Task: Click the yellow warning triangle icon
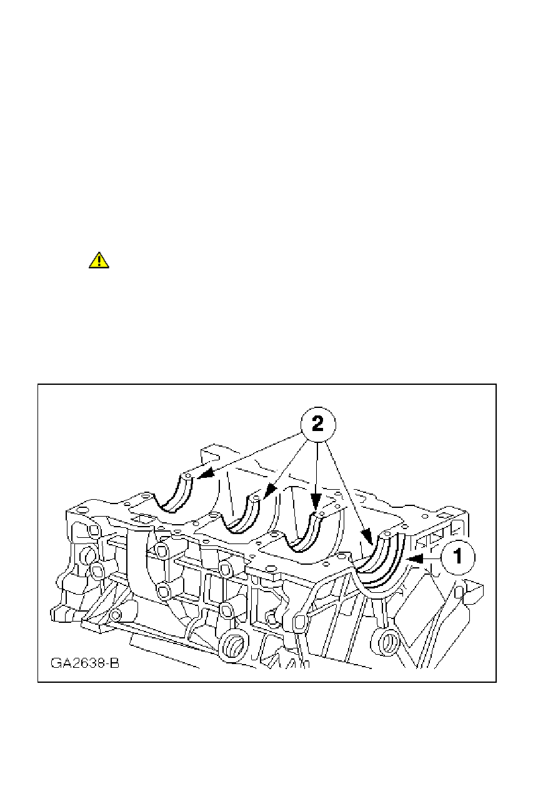tap(99, 260)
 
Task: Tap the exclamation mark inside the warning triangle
tap(99, 261)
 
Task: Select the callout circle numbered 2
tap(317, 424)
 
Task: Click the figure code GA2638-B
tap(84, 662)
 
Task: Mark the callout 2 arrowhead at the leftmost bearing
tap(202, 477)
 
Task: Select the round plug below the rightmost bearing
tap(386, 641)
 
